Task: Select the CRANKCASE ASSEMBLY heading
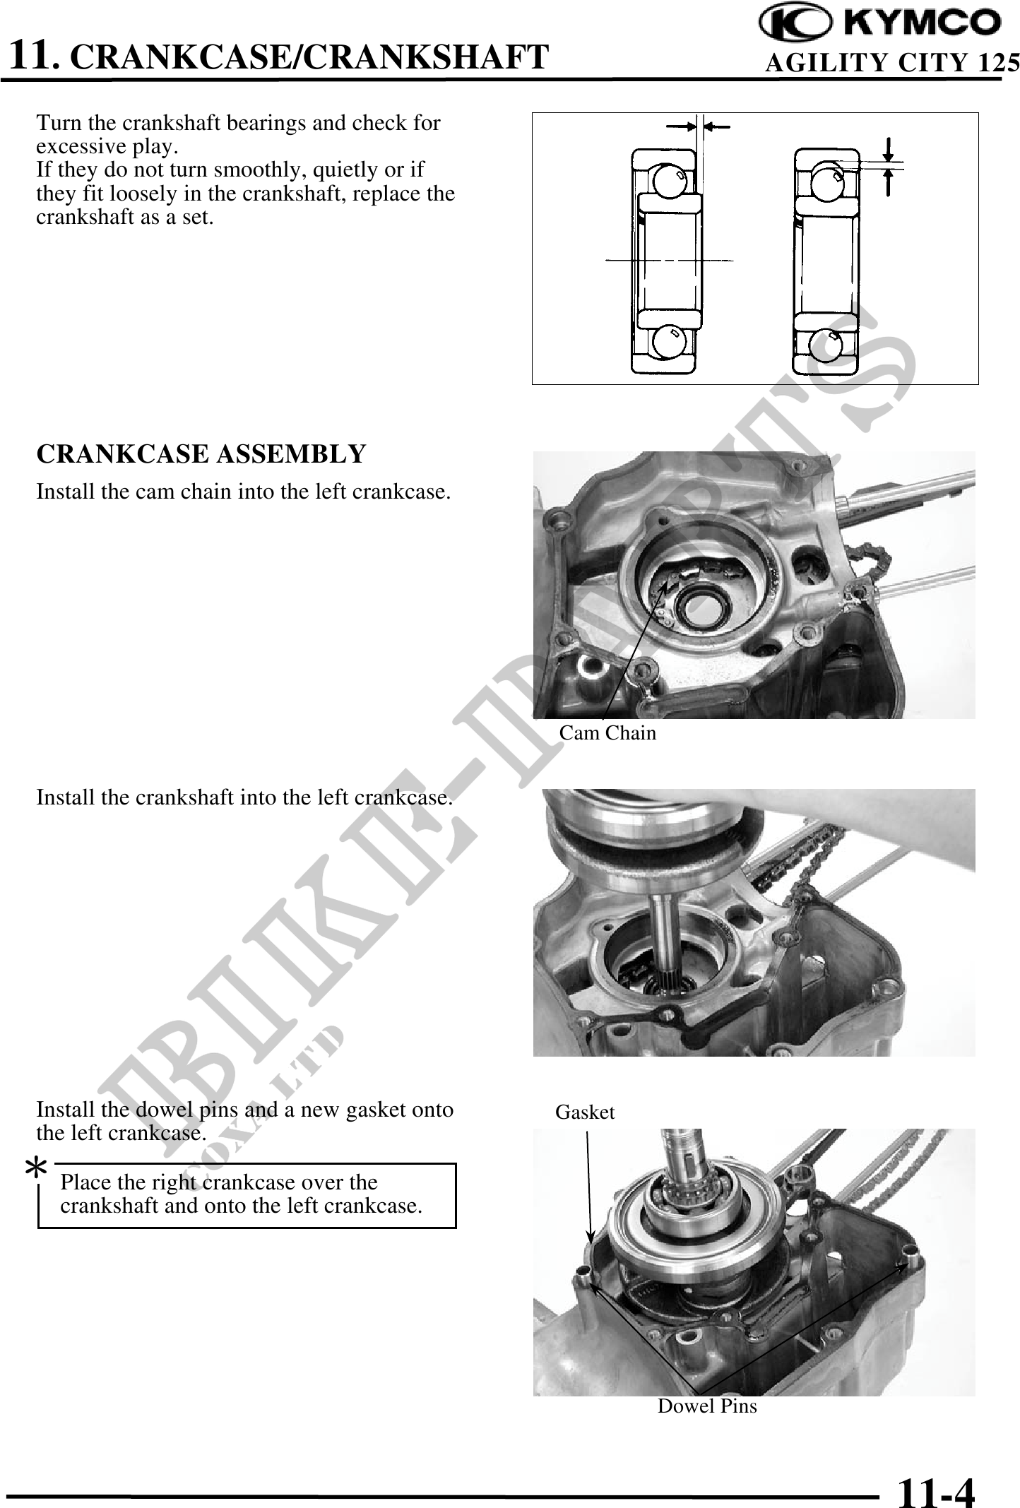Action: click(x=201, y=453)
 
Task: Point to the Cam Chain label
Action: click(x=607, y=733)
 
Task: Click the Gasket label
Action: click(x=585, y=1112)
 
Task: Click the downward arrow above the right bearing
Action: click(x=889, y=148)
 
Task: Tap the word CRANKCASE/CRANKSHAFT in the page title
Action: click(x=311, y=57)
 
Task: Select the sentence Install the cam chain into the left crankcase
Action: click(x=244, y=492)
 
